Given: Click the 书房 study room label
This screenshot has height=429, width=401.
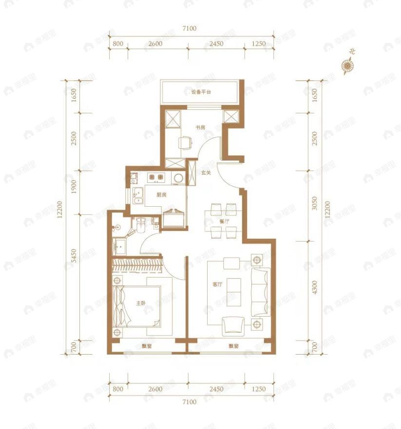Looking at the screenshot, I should pyautogui.click(x=200, y=128).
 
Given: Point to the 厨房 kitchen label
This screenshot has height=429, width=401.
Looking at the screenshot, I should pyautogui.click(x=162, y=195).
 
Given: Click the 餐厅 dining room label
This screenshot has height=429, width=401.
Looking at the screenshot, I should pyautogui.click(x=224, y=221).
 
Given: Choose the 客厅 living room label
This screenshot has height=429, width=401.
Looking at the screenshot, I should pyautogui.click(x=217, y=285).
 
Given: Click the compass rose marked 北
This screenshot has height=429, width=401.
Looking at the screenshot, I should pyautogui.click(x=347, y=65).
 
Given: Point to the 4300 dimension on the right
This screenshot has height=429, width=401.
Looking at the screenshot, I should pyautogui.click(x=315, y=287).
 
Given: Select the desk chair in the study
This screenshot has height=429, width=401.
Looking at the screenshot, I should pyautogui.click(x=185, y=143).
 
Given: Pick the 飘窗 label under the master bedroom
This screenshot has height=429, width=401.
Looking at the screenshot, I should pyautogui.click(x=146, y=346).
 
